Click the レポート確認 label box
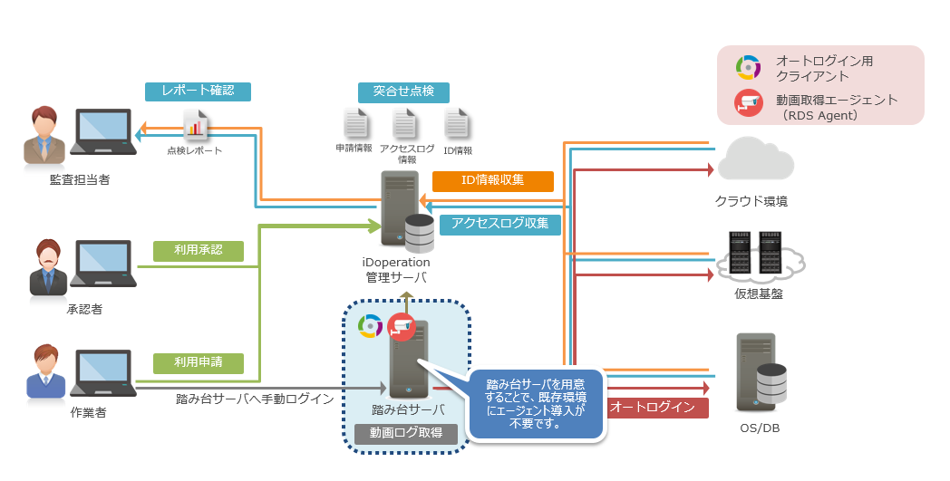(x=198, y=91)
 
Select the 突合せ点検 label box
(x=403, y=91)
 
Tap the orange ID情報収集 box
(x=492, y=180)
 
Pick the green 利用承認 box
(x=199, y=250)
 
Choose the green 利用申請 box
(x=199, y=362)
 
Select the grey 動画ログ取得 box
(x=405, y=433)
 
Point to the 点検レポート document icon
(x=196, y=125)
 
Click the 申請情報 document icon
(x=355, y=124)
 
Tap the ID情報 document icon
(x=457, y=124)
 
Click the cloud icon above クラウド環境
(x=755, y=159)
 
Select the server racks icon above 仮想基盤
(x=758, y=256)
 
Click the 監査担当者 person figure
(x=42, y=136)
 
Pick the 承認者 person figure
(x=46, y=267)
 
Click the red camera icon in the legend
(x=748, y=101)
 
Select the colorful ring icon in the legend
(x=748, y=67)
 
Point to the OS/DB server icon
(x=760, y=372)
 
